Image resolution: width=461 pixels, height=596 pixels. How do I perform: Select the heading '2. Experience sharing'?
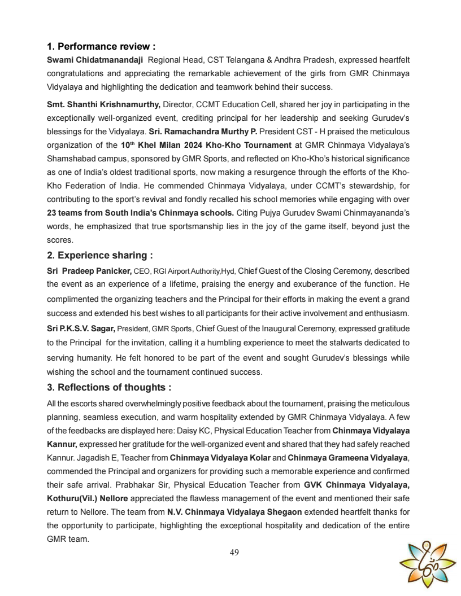point(99,255)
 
